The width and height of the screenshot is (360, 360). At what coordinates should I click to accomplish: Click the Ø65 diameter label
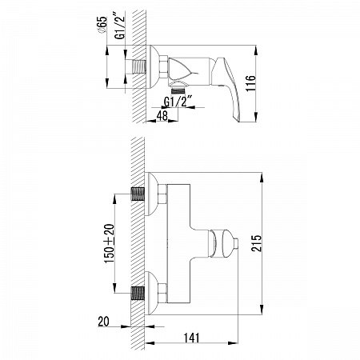coord(102,25)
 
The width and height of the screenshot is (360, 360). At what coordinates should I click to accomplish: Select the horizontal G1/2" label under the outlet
coord(178,101)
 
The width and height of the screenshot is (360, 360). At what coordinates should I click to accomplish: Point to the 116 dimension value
coord(250,83)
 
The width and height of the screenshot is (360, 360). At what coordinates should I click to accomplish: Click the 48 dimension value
coord(162,115)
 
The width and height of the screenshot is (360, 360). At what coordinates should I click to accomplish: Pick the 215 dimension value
coord(257,243)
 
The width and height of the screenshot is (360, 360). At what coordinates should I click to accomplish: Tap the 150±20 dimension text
coord(109,243)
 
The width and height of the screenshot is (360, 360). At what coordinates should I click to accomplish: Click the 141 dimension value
coord(191,338)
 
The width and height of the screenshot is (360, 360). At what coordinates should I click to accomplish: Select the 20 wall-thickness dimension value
coord(103,322)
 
